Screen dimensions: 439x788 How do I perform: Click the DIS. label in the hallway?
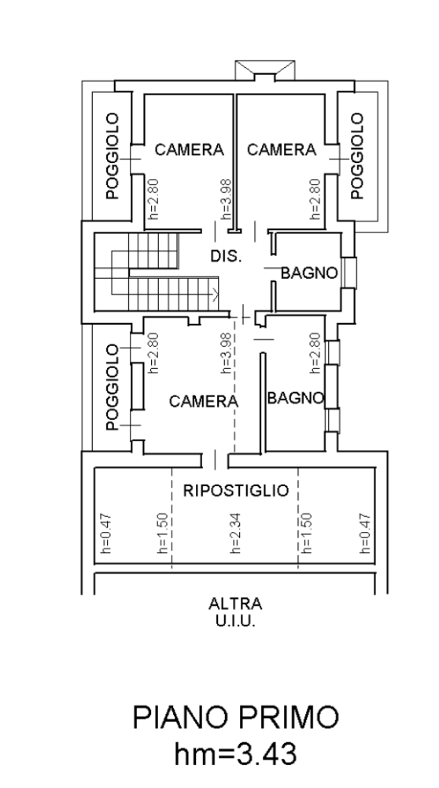tap(226, 256)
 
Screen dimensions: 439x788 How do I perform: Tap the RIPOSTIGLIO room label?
tap(236, 490)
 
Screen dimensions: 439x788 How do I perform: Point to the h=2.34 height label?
tap(235, 533)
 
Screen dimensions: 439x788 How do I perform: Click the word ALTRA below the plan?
tap(235, 603)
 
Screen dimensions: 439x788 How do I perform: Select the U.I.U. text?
tap(235, 621)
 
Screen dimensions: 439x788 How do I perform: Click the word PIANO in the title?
tap(182, 717)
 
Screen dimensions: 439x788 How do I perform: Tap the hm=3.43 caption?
tap(236, 754)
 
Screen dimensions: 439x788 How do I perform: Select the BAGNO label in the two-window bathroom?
tap(296, 398)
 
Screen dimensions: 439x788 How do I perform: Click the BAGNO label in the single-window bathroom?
tap(309, 273)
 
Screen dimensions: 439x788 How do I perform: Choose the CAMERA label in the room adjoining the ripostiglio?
tap(203, 401)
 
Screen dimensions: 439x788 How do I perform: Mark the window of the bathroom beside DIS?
tap(349, 273)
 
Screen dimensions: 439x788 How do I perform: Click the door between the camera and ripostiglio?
tap(216, 459)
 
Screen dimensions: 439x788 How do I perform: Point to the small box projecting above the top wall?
tap(264, 70)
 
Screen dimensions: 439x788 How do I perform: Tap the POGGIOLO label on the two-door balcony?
tap(113, 387)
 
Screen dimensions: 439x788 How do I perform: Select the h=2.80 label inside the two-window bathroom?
tap(315, 353)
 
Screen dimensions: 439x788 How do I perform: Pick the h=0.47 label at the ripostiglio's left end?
tap(107, 533)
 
